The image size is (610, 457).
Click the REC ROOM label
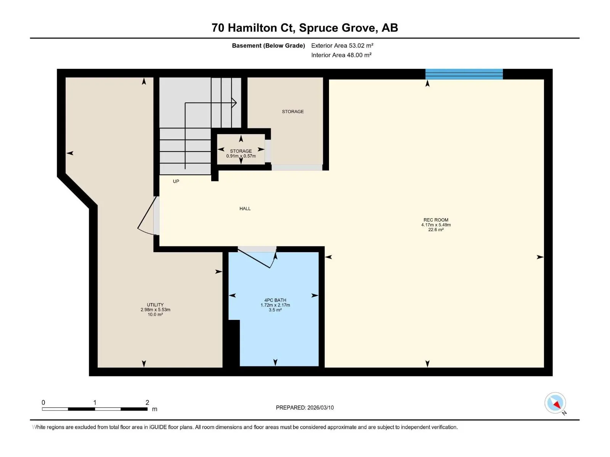click(x=436, y=220)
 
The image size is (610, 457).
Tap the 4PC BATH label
click(x=275, y=300)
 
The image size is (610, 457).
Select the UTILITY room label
click(x=155, y=304)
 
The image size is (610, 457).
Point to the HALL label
click(x=245, y=208)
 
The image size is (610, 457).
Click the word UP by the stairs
click(x=176, y=181)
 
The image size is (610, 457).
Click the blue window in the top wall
click(x=464, y=74)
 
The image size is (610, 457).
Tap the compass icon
click(x=555, y=403)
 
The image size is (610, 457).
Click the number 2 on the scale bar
click(x=147, y=402)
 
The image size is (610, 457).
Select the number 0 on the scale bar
click(x=43, y=402)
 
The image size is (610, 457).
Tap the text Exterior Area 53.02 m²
click(x=342, y=45)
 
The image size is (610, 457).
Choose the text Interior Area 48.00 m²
click(x=341, y=55)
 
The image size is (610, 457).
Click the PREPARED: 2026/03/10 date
click(x=305, y=407)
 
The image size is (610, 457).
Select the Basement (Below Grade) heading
click(x=268, y=45)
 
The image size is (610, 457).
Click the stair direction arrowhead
click(x=234, y=103)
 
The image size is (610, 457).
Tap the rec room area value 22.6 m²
click(x=436, y=230)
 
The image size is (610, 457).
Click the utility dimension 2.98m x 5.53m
click(x=155, y=309)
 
